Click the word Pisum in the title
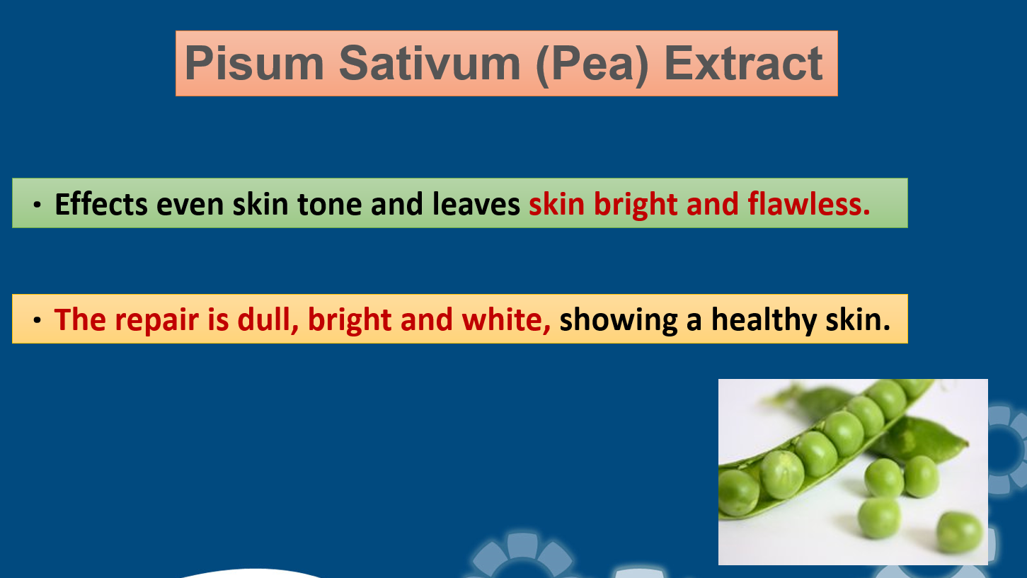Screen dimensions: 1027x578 click(255, 63)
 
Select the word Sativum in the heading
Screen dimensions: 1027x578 click(430, 63)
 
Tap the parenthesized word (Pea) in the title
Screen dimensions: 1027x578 click(592, 64)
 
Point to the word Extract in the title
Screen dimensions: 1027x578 click(743, 63)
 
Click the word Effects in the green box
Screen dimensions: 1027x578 click(101, 204)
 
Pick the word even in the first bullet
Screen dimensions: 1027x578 click(190, 205)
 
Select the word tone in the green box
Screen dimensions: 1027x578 click(330, 205)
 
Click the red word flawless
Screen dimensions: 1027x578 click(809, 204)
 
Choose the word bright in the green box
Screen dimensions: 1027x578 click(636, 205)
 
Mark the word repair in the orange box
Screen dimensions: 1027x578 click(157, 321)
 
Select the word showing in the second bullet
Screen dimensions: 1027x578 click(619, 321)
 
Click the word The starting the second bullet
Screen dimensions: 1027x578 click(80, 319)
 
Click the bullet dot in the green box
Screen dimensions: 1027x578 click(37, 205)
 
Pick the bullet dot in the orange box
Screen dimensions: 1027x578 click(37, 320)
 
